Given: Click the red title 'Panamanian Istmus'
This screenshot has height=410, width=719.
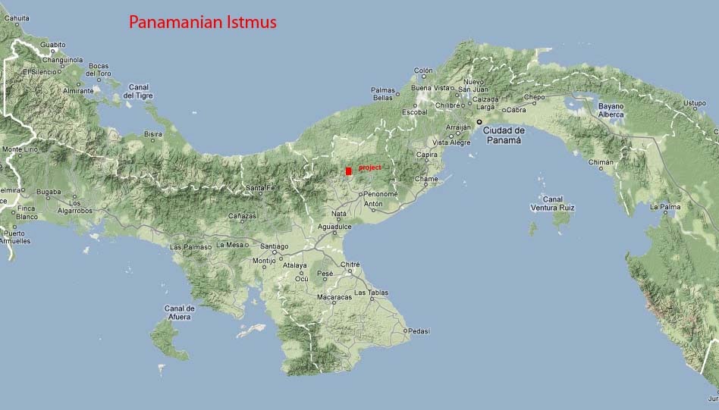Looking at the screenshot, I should coord(203,23).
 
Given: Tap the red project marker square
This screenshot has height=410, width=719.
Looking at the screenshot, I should coord(348,171).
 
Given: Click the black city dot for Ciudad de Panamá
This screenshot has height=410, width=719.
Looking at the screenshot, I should coord(479,121).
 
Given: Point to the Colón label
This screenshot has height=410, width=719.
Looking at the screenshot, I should coord(423,70).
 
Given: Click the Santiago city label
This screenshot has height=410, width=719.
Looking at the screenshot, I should coord(274,246).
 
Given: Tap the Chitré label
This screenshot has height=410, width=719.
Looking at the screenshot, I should coord(350,264).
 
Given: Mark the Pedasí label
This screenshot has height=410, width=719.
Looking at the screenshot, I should coord(419,330).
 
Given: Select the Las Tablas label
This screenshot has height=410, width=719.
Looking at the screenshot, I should coord(372,292).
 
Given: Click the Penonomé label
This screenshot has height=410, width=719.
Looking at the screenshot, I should coord(381,194).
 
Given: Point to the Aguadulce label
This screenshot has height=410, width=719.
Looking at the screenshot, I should coord(334,227).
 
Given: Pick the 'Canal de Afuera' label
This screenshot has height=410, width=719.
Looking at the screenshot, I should coord(180,312).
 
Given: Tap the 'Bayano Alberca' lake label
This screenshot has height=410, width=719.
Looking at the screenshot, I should coord(611,111).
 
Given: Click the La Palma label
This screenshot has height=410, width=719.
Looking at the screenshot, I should coord(664,206).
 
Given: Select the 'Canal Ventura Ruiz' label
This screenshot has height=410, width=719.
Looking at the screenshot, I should coord(552,203).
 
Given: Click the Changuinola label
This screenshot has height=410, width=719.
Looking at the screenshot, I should coord(62,59).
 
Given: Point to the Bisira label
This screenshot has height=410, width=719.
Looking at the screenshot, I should coord(153,133).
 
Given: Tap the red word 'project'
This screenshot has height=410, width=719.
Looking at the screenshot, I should coord(371,167).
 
